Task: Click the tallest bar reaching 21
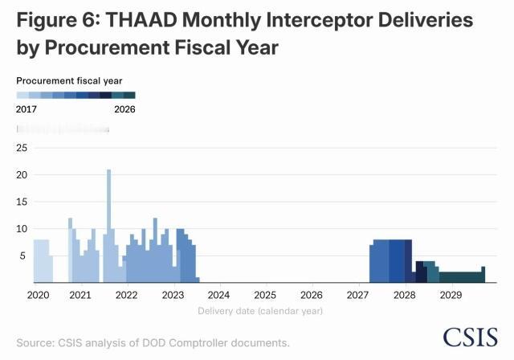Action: (x=108, y=225)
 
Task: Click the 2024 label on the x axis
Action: (x=219, y=295)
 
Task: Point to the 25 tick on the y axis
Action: (x=22, y=148)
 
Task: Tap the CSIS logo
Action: (x=470, y=337)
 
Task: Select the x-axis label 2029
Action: (x=451, y=295)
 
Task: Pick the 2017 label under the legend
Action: (x=27, y=108)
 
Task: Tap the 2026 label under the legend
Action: (x=124, y=108)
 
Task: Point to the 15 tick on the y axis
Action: (x=22, y=202)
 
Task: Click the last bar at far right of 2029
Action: (x=483, y=274)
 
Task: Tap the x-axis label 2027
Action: (x=358, y=295)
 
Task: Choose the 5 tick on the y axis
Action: (x=25, y=256)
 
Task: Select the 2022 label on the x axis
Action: (x=126, y=295)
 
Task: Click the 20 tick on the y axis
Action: (x=22, y=174)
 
